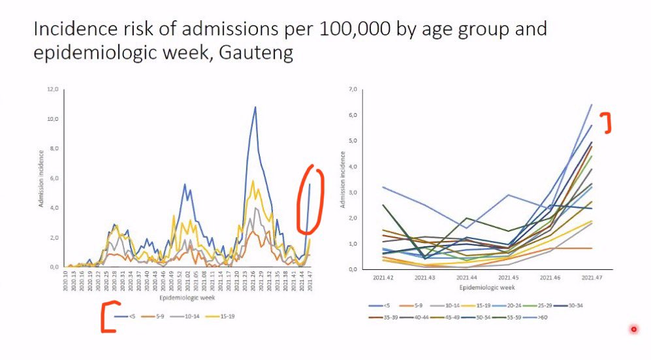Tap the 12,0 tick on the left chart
(56, 89)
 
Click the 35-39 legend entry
(381, 317)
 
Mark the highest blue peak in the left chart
(255, 108)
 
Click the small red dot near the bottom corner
(633, 329)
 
